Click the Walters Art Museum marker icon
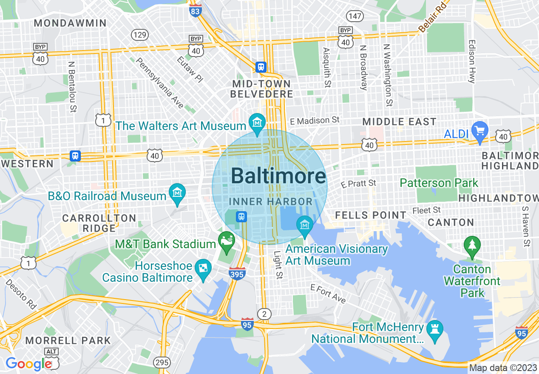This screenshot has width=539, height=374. [x=257, y=122]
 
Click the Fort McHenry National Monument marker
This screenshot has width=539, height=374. [x=434, y=330]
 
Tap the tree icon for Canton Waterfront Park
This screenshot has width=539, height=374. [x=472, y=245]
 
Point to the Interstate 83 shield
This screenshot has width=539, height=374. [x=195, y=11]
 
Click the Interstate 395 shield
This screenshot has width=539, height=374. [x=237, y=274]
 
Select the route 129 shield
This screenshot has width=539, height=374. [x=139, y=34]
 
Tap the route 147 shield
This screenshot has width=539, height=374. [x=355, y=16]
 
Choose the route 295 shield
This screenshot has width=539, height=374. [x=162, y=363]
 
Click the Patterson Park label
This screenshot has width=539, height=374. [x=439, y=183]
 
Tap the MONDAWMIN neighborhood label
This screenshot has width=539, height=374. [x=70, y=23]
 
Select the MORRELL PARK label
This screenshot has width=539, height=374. [x=68, y=340]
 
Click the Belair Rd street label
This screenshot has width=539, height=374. [x=433, y=17]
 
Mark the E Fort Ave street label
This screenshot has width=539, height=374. [x=328, y=294]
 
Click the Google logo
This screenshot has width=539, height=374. [x=28, y=364]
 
